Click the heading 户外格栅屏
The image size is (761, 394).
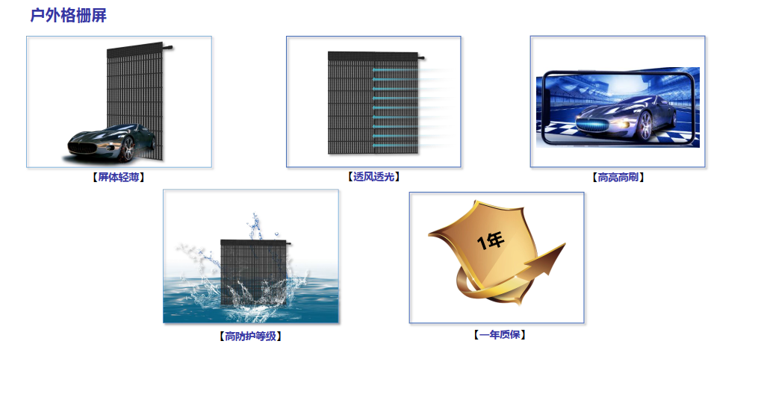click(68, 16)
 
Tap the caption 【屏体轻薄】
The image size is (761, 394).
click(118, 178)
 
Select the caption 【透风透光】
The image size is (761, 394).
click(373, 177)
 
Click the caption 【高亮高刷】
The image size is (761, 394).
click(618, 178)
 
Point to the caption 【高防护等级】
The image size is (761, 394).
click(250, 336)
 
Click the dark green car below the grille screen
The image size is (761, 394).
click(112, 143)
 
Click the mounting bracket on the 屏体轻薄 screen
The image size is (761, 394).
click(168, 47)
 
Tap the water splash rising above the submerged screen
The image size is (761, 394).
click(255, 224)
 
